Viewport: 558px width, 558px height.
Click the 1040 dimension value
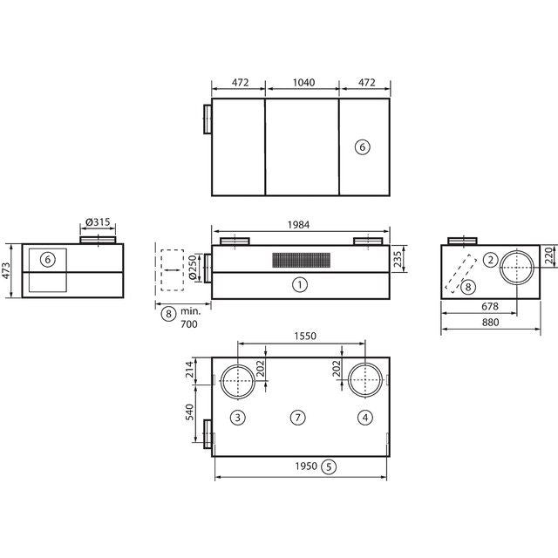pyautogui.click(x=303, y=83)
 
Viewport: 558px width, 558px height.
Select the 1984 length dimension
pyautogui.click(x=298, y=225)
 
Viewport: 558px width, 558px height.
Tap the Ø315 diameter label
pyautogui.click(x=99, y=222)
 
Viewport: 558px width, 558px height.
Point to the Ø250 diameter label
pyautogui.click(x=193, y=267)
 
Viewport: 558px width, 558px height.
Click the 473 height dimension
pyautogui.click(x=6, y=270)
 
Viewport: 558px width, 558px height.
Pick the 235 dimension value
pyautogui.click(x=398, y=259)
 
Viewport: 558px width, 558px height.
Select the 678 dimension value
pyautogui.click(x=490, y=306)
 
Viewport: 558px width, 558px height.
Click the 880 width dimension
pyautogui.click(x=490, y=323)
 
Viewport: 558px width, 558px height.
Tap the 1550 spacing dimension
pyautogui.click(x=305, y=336)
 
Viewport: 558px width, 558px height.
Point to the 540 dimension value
pyautogui.click(x=190, y=412)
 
